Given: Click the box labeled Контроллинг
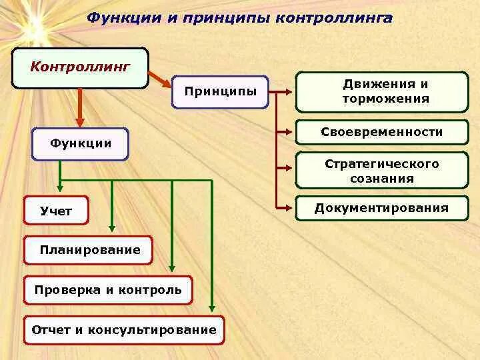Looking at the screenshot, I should pyautogui.click(x=80, y=67).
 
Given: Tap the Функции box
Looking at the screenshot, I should pyautogui.click(x=80, y=144).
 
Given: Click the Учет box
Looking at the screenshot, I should pyautogui.click(x=57, y=211).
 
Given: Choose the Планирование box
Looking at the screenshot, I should pyautogui.click(x=89, y=250).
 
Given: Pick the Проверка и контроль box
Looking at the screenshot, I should pyautogui.click(x=107, y=290).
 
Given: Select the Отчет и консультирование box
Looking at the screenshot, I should pyautogui.click(x=124, y=330).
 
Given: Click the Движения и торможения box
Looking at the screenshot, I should pyautogui.click(x=382, y=92).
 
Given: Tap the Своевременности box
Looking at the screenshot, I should pyautogui.click(x=382, y=132).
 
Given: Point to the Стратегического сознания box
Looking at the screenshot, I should pyautogui.click(x=382, y=171).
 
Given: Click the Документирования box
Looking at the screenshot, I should pyautogui.click(x=382, y=208).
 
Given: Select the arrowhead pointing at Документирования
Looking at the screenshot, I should pyautogui.click(x=289, y=208).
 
